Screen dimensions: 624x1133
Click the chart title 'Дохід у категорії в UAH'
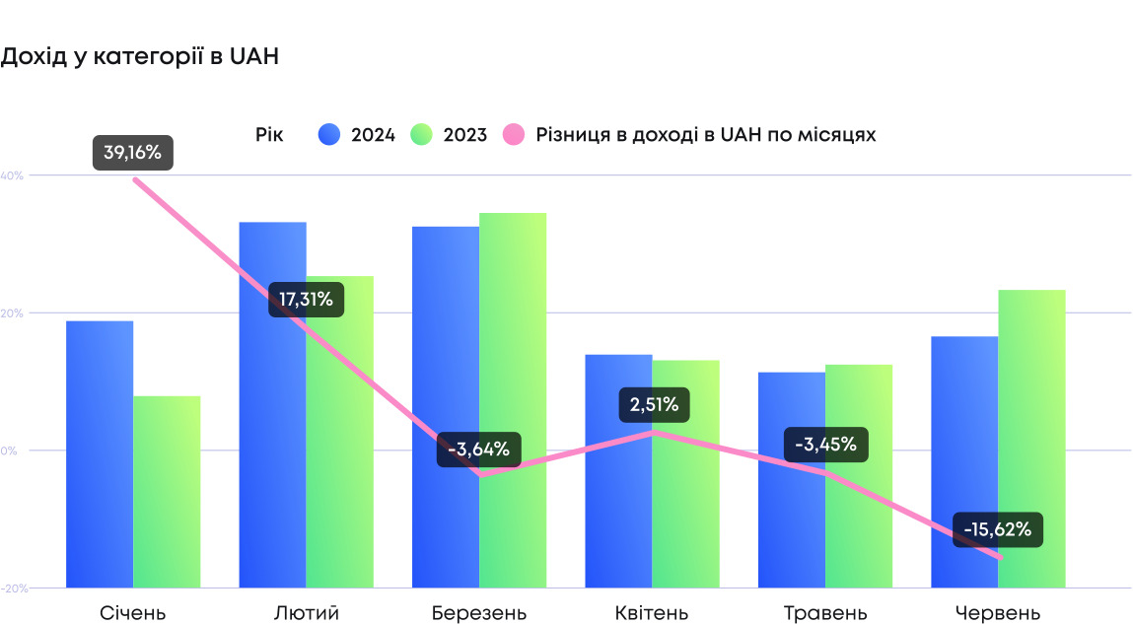point(140,57)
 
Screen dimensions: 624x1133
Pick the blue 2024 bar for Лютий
point(272,414)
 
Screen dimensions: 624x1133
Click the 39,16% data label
point(133,153)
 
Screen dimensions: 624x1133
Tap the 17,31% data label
point(307,299)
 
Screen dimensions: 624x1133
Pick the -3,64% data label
point(478,450)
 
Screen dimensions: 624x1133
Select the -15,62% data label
point(997,529)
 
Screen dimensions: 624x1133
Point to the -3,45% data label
point(825,445)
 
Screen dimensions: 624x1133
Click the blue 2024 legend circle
point(329,135)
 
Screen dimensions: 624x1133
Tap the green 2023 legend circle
point(422,135)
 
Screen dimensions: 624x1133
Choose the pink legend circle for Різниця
point(514,135)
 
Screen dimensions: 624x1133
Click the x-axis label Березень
point(479,613)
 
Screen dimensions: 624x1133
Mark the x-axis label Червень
point(998,613)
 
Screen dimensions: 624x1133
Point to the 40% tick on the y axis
point(12,175)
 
